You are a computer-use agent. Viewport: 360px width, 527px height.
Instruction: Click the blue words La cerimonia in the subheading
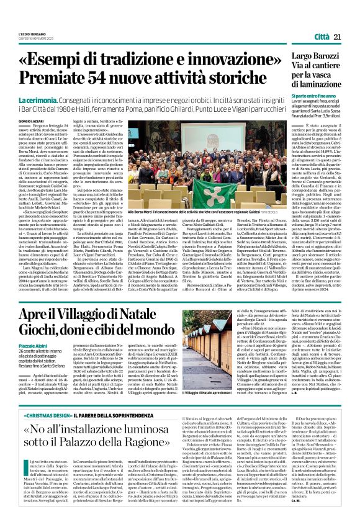coord(38,100)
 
